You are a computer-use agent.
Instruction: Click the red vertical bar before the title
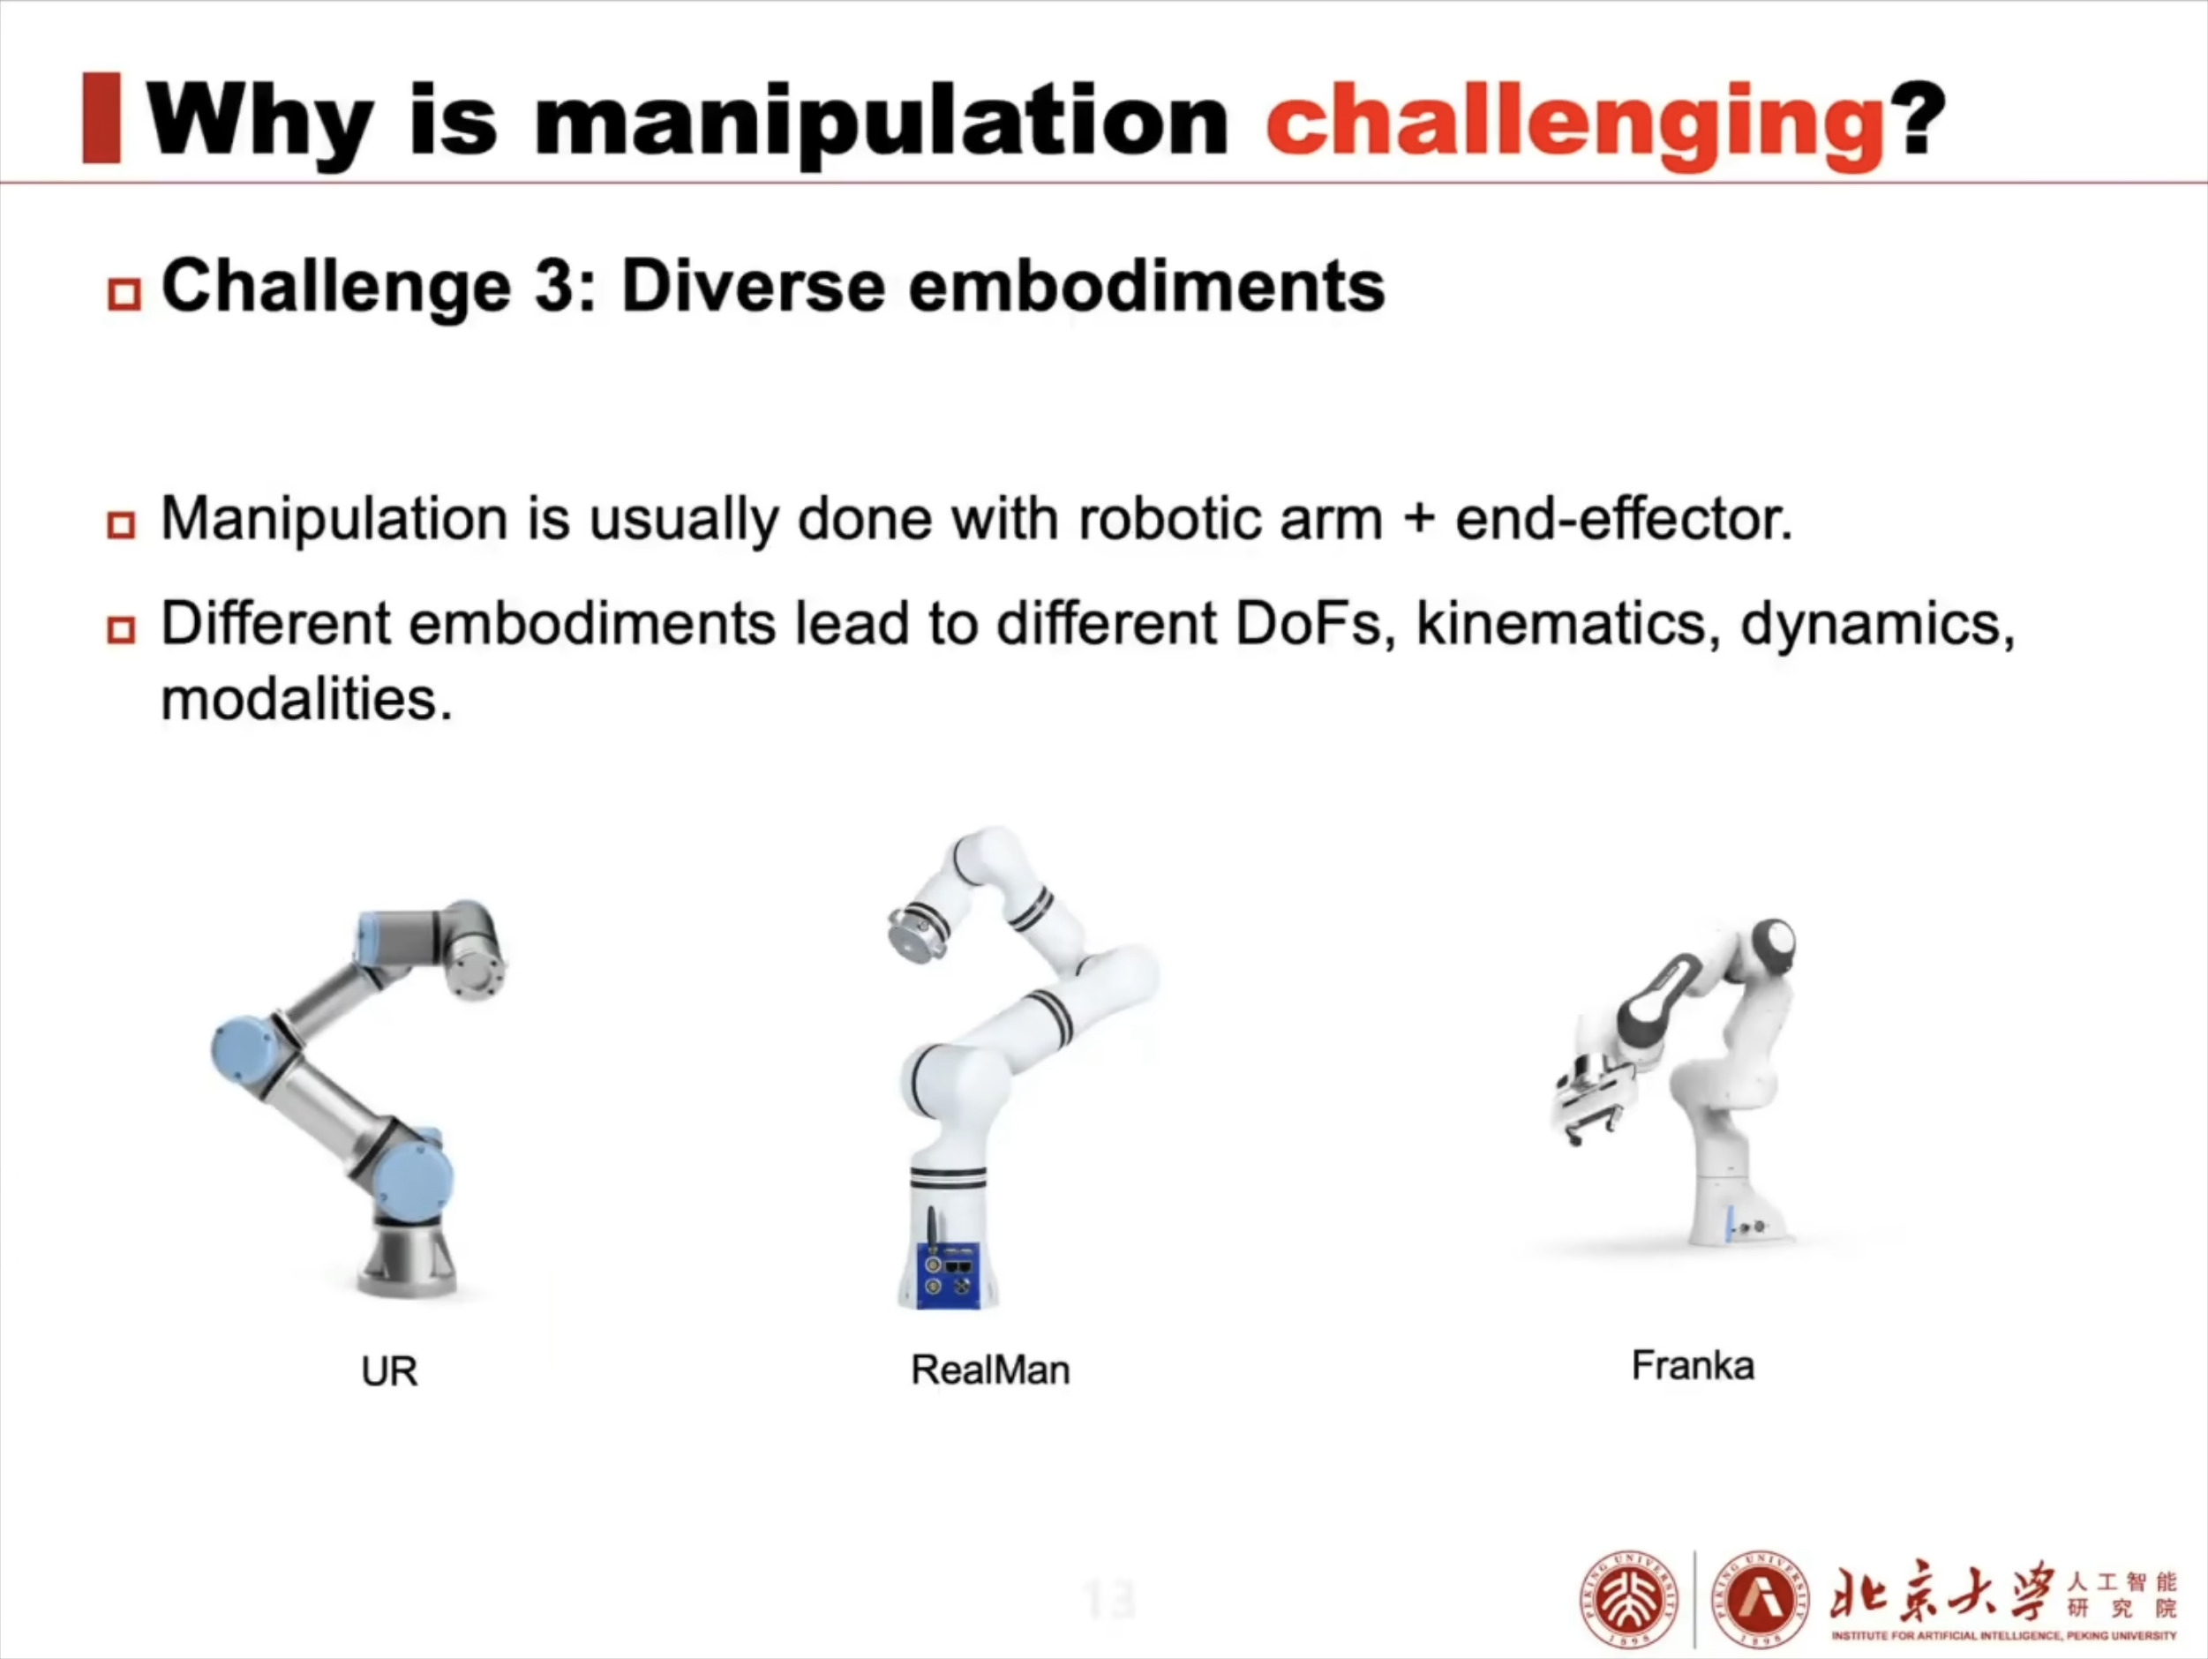tap(101, 116)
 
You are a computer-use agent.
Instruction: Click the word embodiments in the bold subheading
tap(1147, 287)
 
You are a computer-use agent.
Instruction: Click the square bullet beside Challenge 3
tap(124, 294)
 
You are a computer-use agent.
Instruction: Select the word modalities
tap(306, 698)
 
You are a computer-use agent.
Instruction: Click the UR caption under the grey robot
tap(389, 1371)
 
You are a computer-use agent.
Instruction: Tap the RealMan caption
tap(990, 1370)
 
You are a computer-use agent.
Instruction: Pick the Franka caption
tap(1693, 1365)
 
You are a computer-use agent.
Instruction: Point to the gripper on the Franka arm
tap(1594, 1098)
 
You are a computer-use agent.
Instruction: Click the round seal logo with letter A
tap(1760, 1599)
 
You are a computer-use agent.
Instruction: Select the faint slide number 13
tap(1109, 1599)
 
